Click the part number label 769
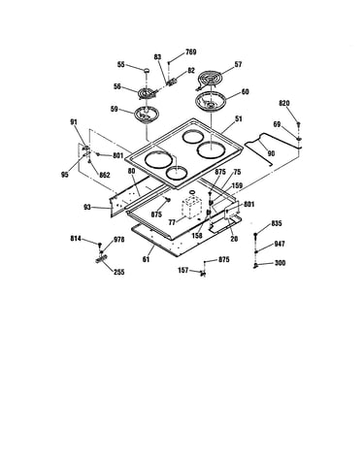[191, 52]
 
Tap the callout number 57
[238, 64]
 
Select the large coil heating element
[209, 81]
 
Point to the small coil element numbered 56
[148, 94]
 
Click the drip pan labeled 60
[210, 101]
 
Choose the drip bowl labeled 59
[146, 115]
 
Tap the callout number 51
[239, 119]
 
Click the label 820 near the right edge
[284, 104]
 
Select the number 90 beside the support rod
[271, 153]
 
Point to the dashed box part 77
[192, 208]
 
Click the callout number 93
[87, 207]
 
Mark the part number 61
[147, 259]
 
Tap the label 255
[118, 272]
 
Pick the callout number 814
[76, 239]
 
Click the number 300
[280, 263]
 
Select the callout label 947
[280, 244]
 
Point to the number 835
[277, 223]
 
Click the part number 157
[183, 270]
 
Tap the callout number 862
[105, 175]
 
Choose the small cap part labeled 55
[147, 70]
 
